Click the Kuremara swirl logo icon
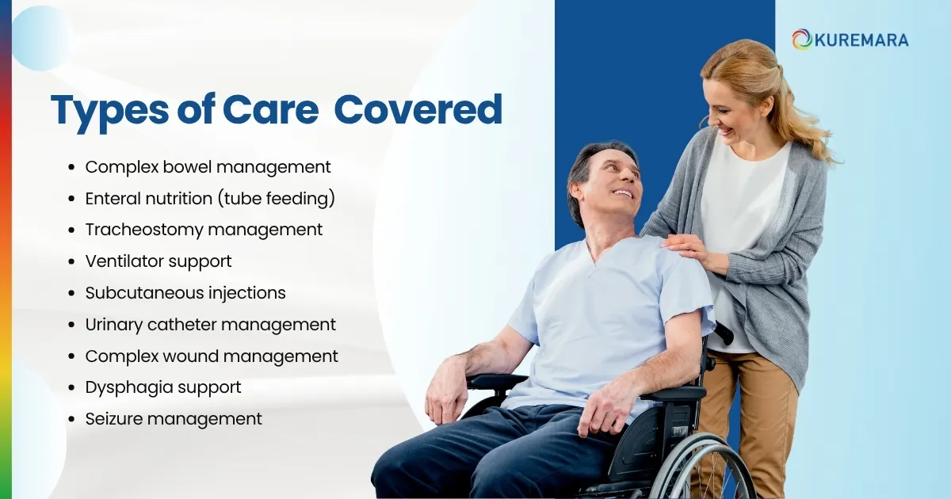click(802, 39)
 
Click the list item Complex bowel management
click(208, 167)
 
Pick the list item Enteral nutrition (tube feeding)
click(210, 199)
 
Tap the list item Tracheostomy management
click(204, 230)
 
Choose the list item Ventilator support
click(158, 261)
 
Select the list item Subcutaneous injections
click(185, 293)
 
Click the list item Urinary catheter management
click(210, 325)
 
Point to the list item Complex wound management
click(212, 356)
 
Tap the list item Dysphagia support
click(163, 388)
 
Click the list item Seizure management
click(174, 419)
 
